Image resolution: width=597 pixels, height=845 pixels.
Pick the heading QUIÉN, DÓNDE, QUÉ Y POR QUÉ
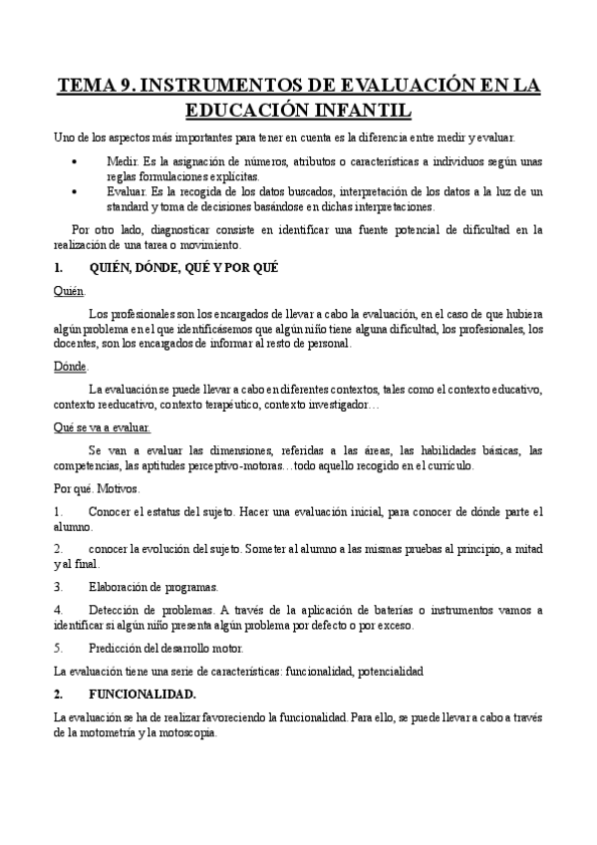[x=183, y=267]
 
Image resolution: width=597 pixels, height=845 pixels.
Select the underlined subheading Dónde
[x=71, y=366]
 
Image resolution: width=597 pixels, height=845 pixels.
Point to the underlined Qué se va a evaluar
[x=102, y=427]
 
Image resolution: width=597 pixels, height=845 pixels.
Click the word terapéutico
[x=221, y=406]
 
